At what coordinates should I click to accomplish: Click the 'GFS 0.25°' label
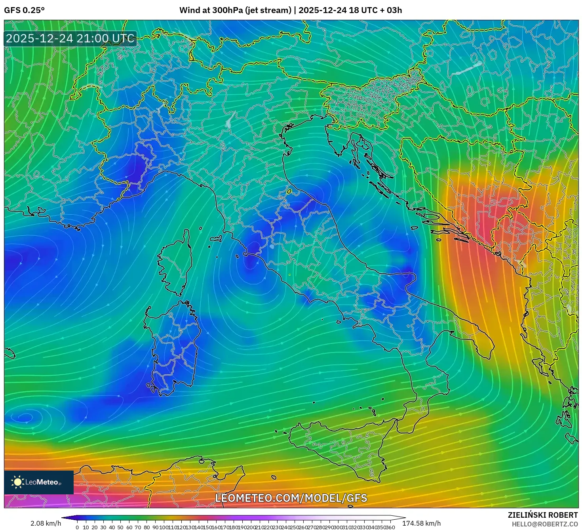24,10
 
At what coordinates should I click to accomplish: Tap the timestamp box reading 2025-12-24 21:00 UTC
70,38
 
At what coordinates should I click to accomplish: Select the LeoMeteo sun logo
17,482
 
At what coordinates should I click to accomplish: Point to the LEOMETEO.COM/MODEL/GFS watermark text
291,498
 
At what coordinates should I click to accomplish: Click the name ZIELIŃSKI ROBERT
543,515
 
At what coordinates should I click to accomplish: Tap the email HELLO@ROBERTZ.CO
545,524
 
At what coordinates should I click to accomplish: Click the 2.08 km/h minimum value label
46,523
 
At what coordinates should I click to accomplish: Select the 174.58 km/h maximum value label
421,523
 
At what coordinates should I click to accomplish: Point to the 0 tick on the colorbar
77,527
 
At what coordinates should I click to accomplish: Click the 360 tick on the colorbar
390,527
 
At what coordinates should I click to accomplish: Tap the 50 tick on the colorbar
121,527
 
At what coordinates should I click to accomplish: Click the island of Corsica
176,261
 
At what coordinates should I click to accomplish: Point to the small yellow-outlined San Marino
289,192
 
